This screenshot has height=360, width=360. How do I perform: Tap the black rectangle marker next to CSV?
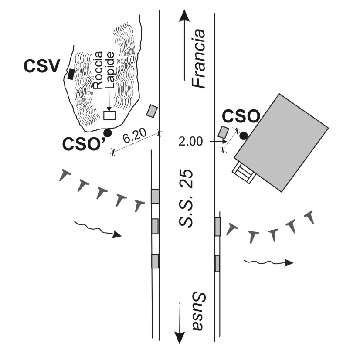(x=71, y=75)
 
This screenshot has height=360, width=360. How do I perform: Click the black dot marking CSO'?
(x=107, y=132)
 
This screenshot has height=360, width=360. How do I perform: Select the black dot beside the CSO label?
(x=244, y=136)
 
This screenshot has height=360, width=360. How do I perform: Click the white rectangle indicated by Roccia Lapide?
(x=109, y=115)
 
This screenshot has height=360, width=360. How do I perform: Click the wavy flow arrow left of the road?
(x=97, y=229)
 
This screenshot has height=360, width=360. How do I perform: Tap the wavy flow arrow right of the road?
(x=268, y=262)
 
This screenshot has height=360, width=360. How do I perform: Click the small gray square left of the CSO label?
(x=224, y=132)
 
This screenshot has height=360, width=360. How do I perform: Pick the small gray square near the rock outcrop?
(x=152, y=111)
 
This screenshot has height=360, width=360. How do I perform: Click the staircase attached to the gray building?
(x=245, y=172)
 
